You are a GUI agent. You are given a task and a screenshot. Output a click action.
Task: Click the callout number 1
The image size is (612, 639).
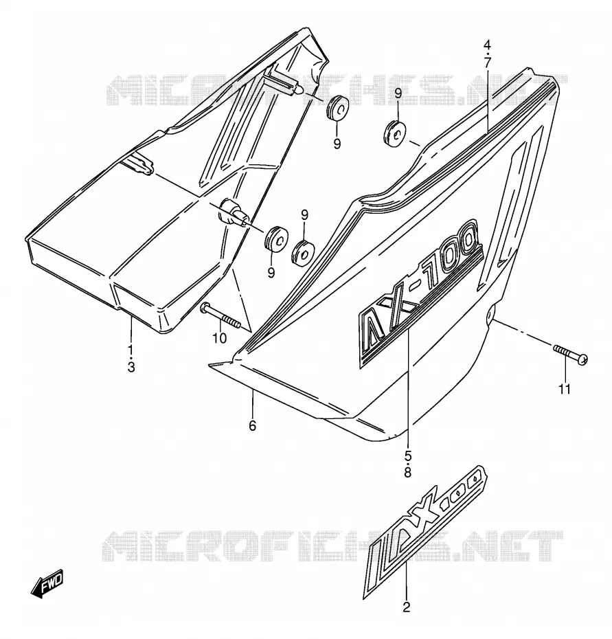131,349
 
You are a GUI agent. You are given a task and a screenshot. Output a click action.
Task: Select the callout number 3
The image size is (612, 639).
131,367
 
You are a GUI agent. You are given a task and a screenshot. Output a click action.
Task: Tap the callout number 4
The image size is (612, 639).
488,45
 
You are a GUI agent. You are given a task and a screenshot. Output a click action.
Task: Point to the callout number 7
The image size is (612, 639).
488,63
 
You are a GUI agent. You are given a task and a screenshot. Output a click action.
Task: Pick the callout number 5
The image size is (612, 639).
408,454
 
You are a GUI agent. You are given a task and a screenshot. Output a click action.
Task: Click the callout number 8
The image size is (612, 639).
408,472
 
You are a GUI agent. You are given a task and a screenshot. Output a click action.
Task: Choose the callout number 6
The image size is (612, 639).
253,426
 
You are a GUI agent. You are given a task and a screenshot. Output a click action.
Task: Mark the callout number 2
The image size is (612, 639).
406,607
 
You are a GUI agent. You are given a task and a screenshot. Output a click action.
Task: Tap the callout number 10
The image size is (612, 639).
219,338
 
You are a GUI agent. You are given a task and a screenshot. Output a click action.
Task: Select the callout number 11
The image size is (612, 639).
565,390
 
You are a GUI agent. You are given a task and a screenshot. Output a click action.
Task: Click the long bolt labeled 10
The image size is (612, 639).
220,315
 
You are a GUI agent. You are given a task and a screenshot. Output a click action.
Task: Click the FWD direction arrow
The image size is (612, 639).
47,583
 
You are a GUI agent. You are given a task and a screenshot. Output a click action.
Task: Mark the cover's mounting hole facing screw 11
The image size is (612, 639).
490,315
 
